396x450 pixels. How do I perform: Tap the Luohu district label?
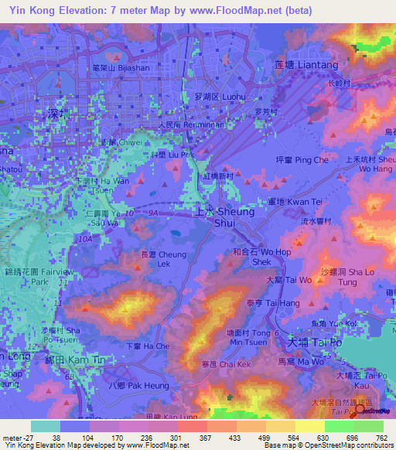click(220, 97)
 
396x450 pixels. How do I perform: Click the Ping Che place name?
click(313, 160)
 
